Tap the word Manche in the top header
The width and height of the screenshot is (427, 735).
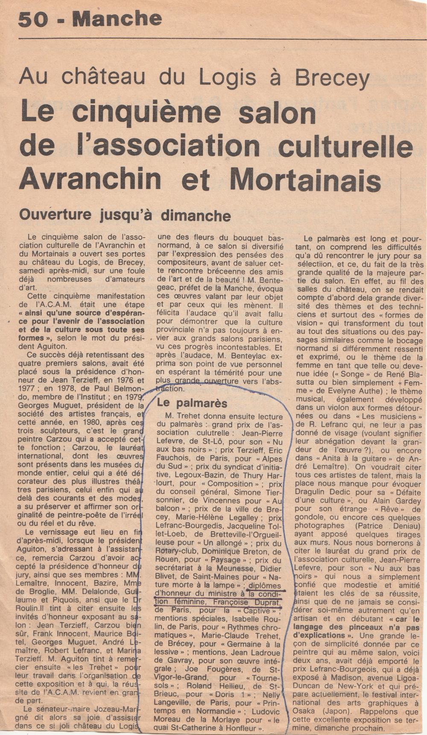pos(117,19)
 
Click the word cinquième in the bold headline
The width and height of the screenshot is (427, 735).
pos(146,113)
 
